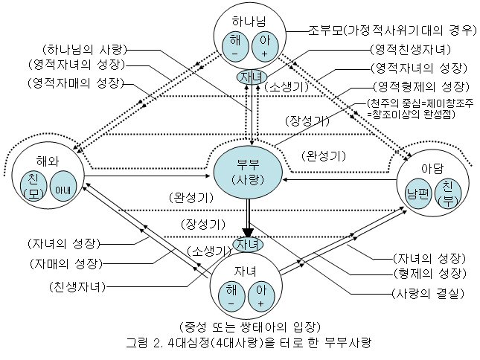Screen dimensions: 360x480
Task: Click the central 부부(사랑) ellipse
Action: (x=249, y=173)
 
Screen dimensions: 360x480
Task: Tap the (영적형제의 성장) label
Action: (x=420, y=86)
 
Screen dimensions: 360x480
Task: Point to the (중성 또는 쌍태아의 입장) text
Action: (x=249, y=327)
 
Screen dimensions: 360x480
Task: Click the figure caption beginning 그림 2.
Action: (x=249, y=344)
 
